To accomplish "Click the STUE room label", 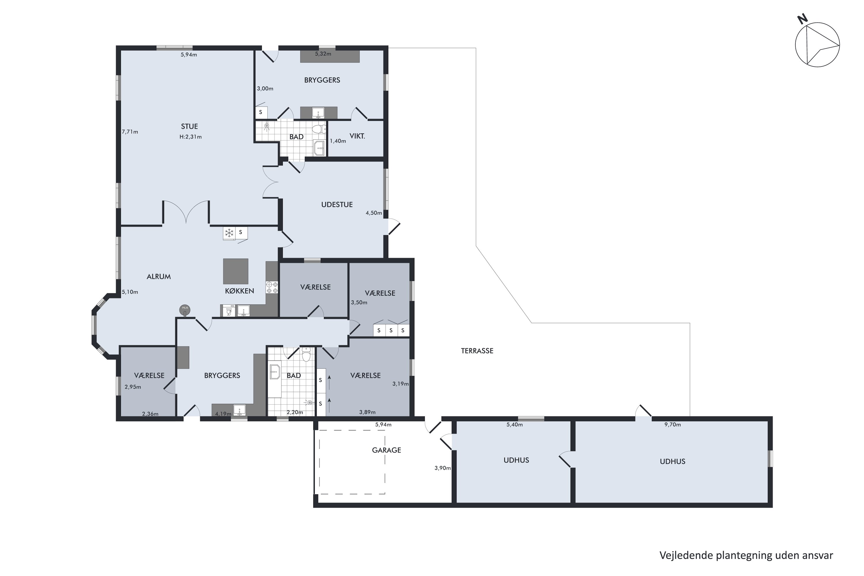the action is point(189,126).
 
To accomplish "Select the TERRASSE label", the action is point(477,351).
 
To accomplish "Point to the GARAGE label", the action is point(386,450).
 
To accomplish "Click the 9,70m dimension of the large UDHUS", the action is point(672,425).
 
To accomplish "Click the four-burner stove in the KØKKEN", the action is point(272,287).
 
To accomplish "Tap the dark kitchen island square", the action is point(236,271).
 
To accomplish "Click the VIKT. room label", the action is point(357,136).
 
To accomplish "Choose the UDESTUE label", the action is point(337,204).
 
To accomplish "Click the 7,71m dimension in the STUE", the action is point(130,132).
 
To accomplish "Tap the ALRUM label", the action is point(159,276).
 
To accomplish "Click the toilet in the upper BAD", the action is point(319,129).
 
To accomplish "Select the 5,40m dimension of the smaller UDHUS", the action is point(514,425).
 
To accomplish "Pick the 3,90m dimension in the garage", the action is point(442,468).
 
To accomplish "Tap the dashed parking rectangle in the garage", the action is point(352,430).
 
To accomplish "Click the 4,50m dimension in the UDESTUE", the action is point(374,213).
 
